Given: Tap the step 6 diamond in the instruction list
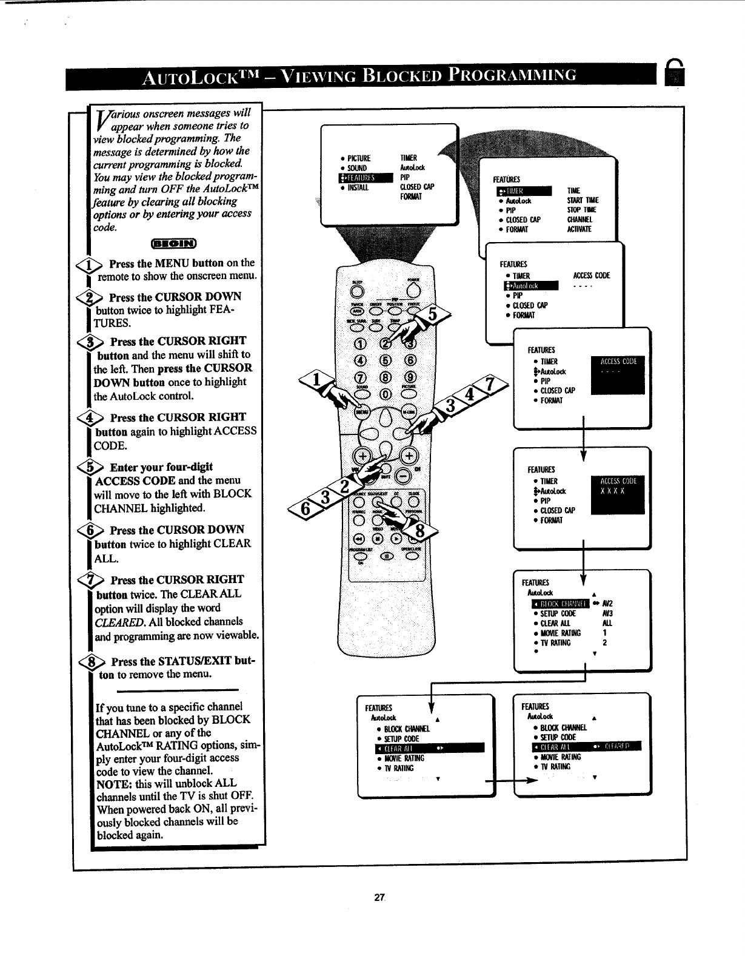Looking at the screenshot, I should point(98,530).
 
